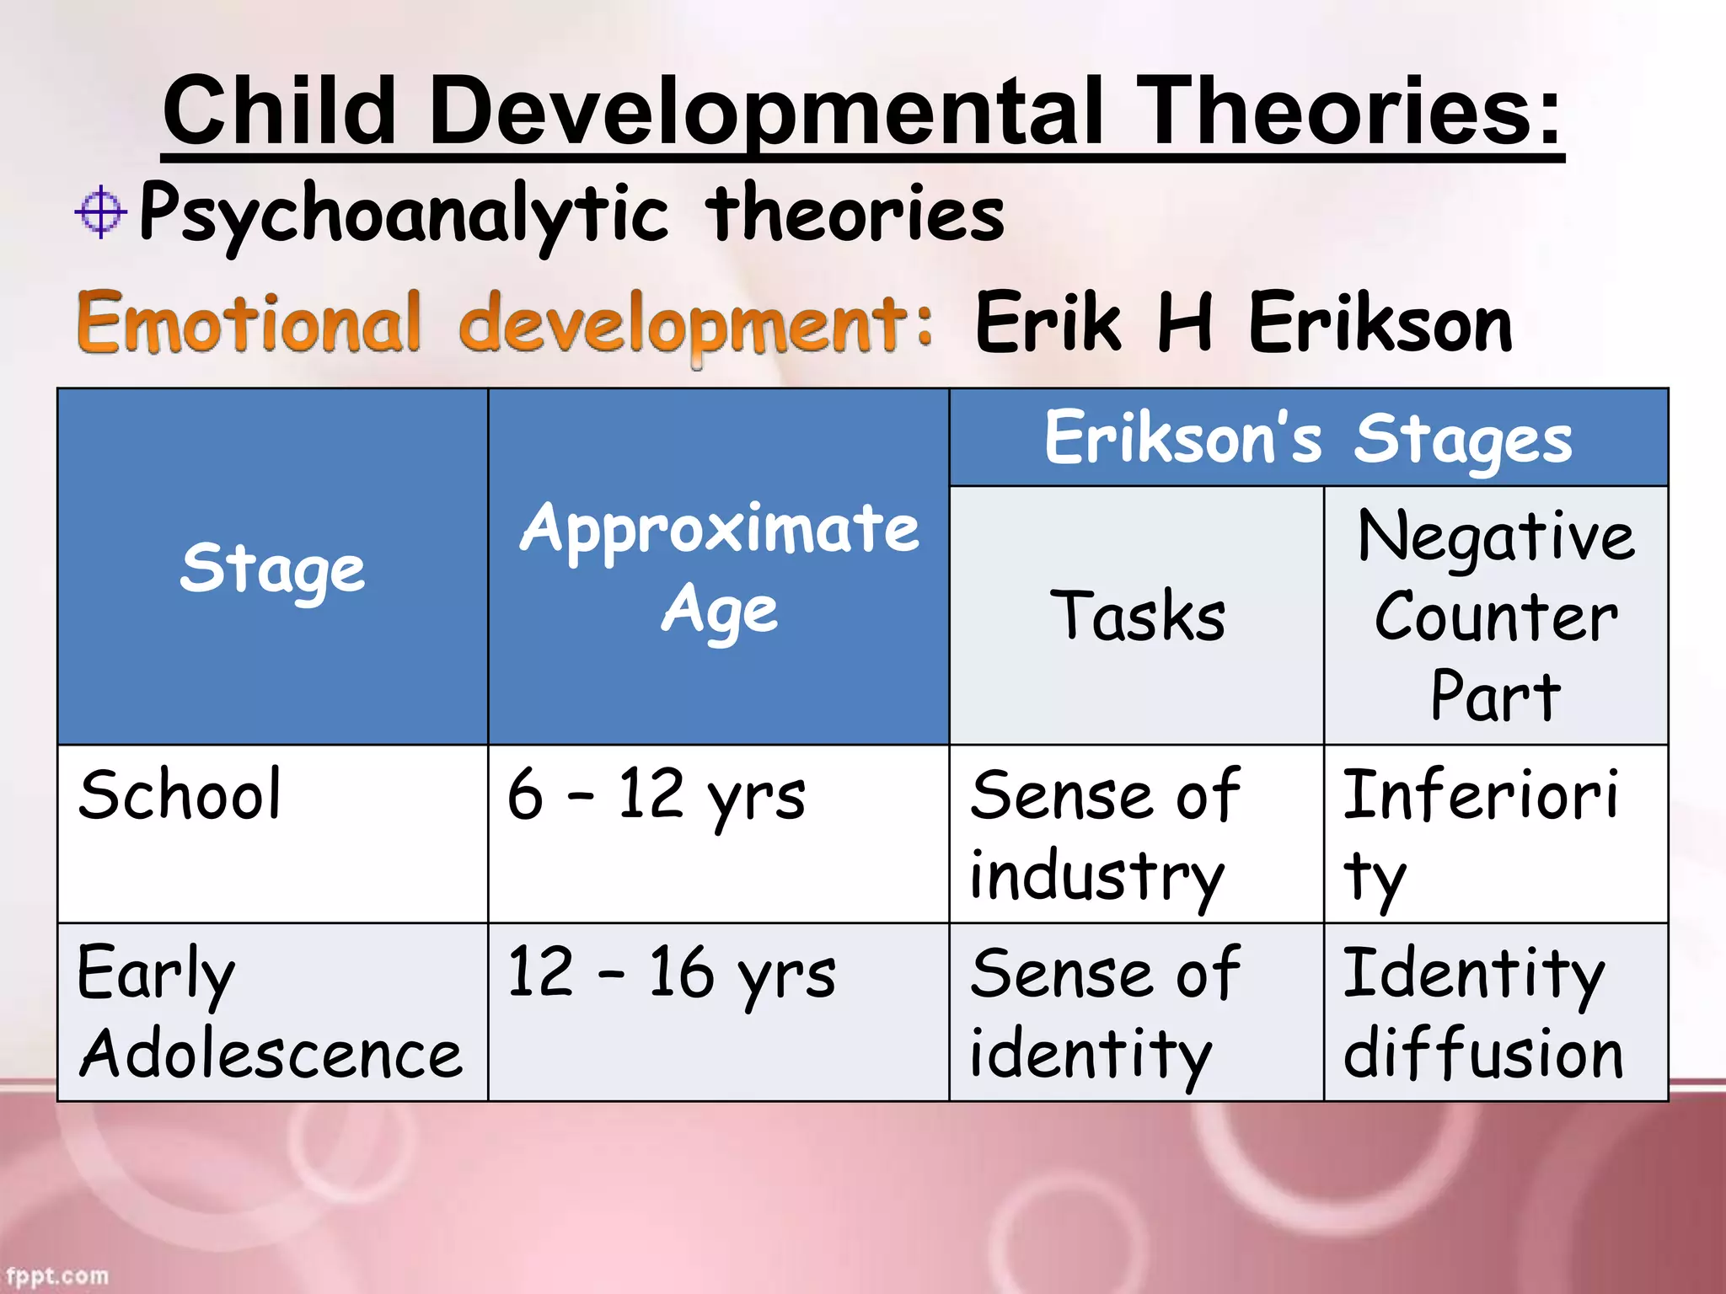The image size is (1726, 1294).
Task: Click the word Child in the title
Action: (x=279, y=110)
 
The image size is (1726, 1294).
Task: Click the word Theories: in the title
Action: (x=1348, y=110)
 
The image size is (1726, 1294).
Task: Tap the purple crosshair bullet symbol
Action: (x=100, y=211)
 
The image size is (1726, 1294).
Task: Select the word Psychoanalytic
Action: (x=404, y=214)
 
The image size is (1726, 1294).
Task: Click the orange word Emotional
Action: (x=249, y=323)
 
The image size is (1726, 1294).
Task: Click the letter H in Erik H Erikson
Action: (x=1185, y=322)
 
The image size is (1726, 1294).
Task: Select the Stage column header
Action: (x=272, y=568)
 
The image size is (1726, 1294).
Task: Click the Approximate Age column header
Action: (x=719, y=568)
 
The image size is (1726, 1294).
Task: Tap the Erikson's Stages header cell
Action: (x=1308, y=438)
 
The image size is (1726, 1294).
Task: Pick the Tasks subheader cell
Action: (x=1137, y=616)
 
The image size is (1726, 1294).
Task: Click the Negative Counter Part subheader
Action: (x=1496, y=616)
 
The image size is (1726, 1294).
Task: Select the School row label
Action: (x=180, y=794)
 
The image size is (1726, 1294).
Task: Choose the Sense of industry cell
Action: (x=1104, y=834)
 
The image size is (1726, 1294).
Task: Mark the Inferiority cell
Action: (x=1479, y=834)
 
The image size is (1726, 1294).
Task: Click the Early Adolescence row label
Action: (x=270, y=1013)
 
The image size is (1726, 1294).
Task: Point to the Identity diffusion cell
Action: (x=1482, y=1013)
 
